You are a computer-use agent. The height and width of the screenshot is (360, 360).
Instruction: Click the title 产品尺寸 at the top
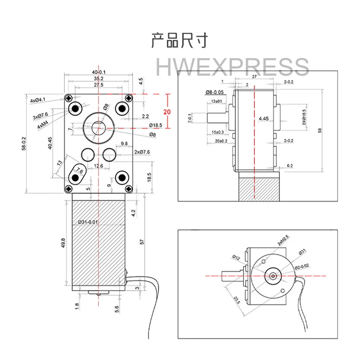[x=180, y=40]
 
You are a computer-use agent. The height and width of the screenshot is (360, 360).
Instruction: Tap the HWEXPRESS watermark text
[x=232, y=67]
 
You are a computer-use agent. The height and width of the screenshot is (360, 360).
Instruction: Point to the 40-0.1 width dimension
[x=99, y=72]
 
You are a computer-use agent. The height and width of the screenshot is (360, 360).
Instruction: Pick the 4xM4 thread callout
[x=44, y=126]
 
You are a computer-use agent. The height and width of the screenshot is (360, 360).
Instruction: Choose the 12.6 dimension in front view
[x=99, y=166]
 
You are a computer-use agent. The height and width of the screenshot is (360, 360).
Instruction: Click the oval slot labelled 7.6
[x=79, y=172]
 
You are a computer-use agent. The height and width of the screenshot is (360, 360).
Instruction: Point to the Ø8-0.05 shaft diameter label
[x=215, y=92]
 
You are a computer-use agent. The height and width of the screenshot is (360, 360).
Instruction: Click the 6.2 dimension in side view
[x=289, y=166]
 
